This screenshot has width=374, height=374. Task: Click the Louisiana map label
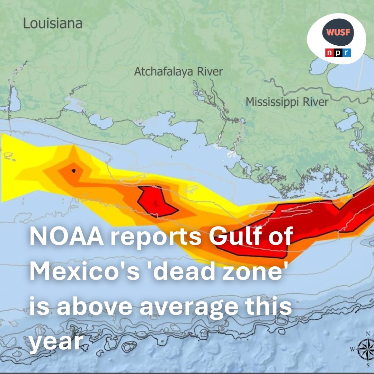coord(53,24)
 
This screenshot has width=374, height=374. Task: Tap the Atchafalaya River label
coord(178,72)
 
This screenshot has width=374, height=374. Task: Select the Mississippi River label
coord(287,102)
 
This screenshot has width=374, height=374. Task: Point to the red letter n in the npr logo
coord(328,53)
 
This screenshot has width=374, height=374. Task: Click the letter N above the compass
coord(368,334)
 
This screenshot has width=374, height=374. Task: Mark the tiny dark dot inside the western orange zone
coord(73,170)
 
